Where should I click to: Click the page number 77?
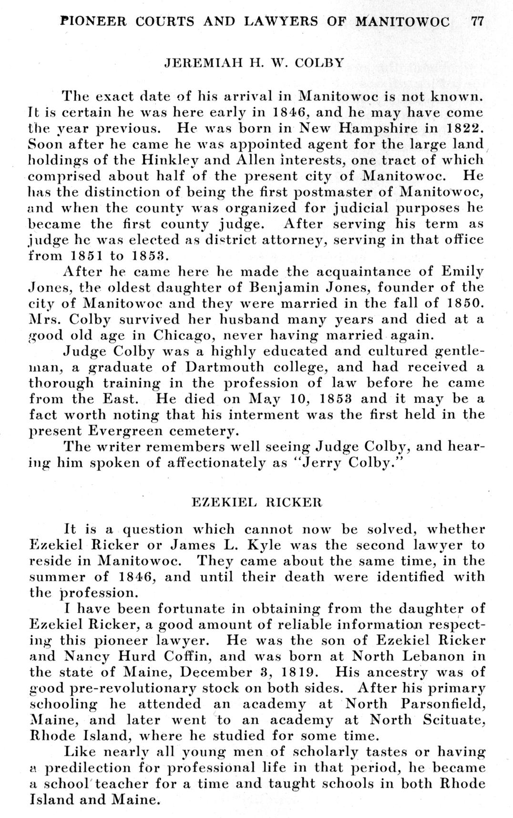coord(478,21)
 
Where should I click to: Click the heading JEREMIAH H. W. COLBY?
coord(254,63)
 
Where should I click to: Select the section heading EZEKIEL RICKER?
coord(256,502)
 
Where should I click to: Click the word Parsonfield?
coord(444,704)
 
